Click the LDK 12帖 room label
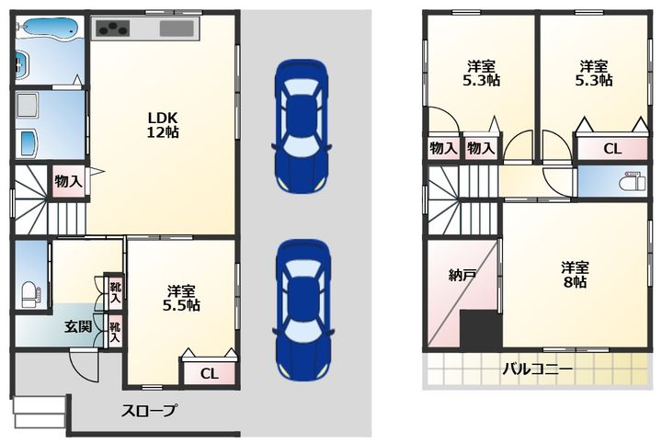coord(163,125)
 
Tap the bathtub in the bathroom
coord(50,28)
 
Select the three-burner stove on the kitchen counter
coord(113,28)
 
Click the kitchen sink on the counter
coord(177,28)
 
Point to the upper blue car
coord(301,126)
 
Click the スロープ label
coord(149,411)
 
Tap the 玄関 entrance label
coord(78,326)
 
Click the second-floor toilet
coord(632,182)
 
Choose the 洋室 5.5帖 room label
coord(181,298)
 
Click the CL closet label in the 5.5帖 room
coord(210,373)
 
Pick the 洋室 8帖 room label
coord(575,274)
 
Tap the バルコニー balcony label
coord(537,369)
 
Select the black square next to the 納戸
coord(481,329)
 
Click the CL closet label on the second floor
coord(611,149)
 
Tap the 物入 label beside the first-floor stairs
coord(68,182)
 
